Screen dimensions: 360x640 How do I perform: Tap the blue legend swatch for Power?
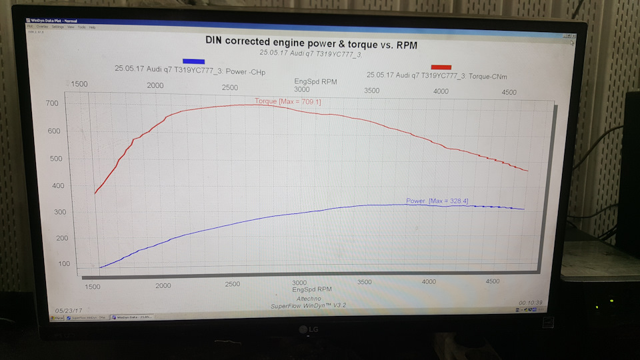tap(193, 61)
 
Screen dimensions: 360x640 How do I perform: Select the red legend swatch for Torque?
tap(441, 67)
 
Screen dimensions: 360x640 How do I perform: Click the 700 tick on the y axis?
tap(52, 103)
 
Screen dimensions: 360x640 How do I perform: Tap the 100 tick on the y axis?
tap(64, 264)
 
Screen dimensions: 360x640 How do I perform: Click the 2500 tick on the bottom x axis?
tap(233, 284)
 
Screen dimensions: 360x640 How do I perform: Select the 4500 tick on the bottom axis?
tap(492, 281)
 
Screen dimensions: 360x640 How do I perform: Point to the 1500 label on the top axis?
tap(79, 84)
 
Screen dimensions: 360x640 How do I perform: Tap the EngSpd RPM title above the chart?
tap(315, 81)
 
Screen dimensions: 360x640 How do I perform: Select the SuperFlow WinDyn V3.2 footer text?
tap(308, 305)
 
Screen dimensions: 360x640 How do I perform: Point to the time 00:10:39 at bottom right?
tap(529, 303)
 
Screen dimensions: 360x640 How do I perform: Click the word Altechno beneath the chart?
tap(309, 298)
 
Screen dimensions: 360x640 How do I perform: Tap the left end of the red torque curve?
tap(95, 193)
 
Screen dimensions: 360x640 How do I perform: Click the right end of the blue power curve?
tap(524, 209)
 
